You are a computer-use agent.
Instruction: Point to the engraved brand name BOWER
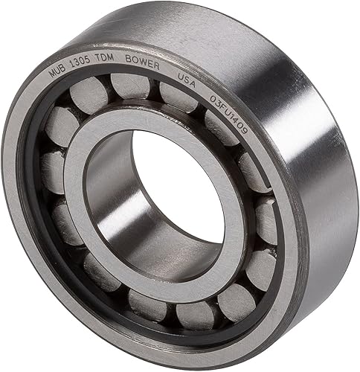[x=142, y=62]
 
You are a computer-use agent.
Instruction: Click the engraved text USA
[x=187, y=80]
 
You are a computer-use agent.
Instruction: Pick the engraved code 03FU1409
[x=229, y=115]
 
